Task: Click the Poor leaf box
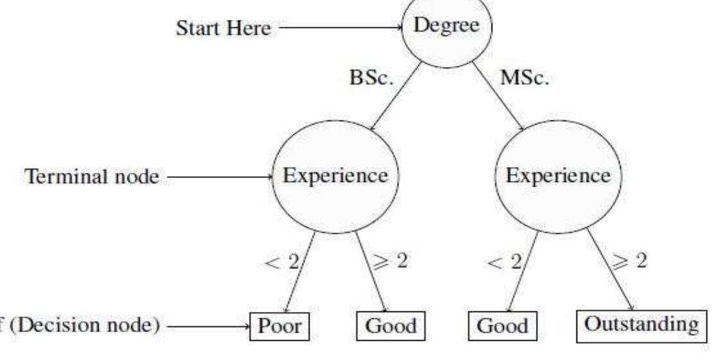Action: point(279,325)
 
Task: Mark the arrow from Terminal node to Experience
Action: point(219,177)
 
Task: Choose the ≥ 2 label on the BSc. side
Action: point(389,261)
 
